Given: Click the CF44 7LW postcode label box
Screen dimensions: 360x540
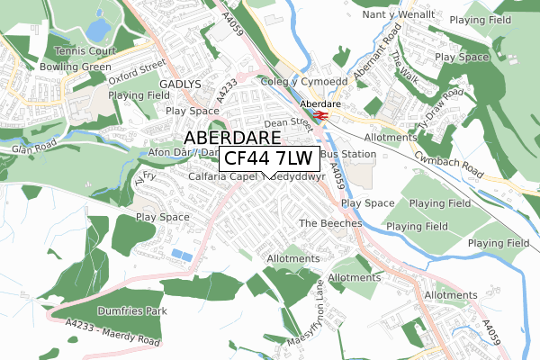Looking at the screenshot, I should (x=269, y=159).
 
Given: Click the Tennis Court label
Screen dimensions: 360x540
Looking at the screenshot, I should (x=86, y=51).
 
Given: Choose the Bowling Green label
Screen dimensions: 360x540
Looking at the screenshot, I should (x=76, y=67).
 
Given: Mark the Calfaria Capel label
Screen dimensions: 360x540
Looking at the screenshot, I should (x=225, y=176).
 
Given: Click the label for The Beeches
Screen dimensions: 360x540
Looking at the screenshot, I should (x=330, y=222).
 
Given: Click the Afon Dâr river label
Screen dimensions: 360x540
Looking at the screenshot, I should (x=170, y=153).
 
